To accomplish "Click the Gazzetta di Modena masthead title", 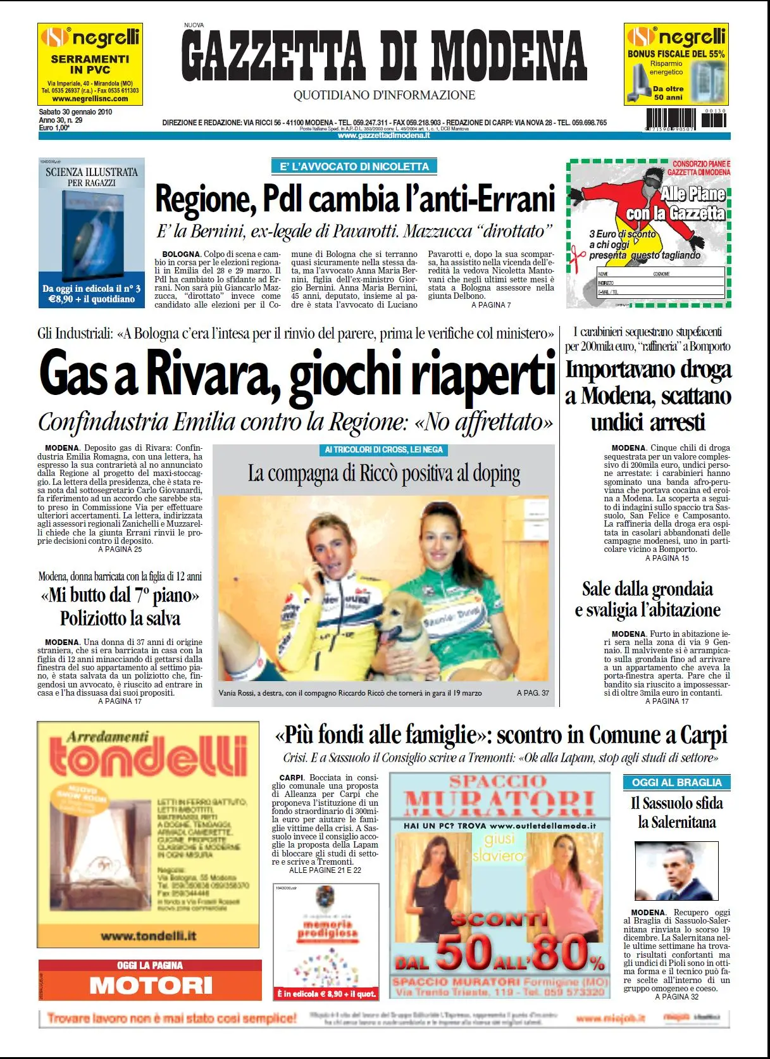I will click(383, 56).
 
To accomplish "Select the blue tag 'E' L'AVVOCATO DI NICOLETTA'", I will click(354, 166).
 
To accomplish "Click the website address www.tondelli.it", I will click(148, 936).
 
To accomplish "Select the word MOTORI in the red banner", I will click(151, 986).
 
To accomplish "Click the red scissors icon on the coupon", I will click(577, 256).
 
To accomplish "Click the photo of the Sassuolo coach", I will click(676, 870).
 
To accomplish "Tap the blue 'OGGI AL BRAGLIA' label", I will click(676, 782).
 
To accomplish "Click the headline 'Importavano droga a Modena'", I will click(648, 395).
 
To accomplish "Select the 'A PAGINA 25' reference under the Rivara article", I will click(120, 549).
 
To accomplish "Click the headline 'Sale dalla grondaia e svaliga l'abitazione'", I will click(647, 599).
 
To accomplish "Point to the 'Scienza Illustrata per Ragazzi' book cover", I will click(92, 233).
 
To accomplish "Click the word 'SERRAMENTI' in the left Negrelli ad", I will click(90, 59).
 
